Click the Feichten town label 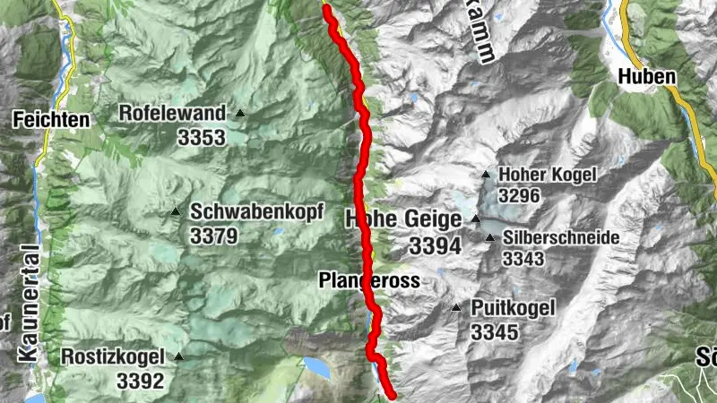tap(50, 118)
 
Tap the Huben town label tap(645, 77)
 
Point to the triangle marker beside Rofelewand tap(240, 114)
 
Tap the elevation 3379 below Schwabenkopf tap(213, 236)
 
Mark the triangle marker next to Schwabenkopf tap(176, 212)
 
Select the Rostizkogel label tap(113, 356)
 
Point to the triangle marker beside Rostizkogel tap(178, 356)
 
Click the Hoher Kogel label tap(546, 176)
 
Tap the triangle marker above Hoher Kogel tap(486, 175)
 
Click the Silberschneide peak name tap(549, 238)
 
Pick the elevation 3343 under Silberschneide tap(525, 260)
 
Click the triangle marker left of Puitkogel tap(456, 309)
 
